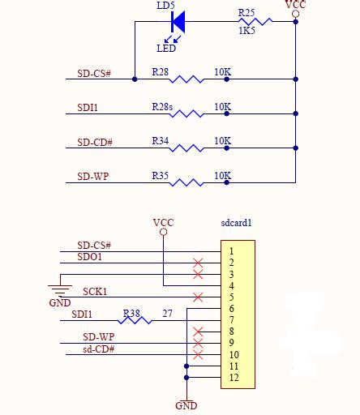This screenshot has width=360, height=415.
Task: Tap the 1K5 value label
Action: (247, 31)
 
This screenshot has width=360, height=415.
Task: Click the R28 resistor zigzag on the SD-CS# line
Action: (186, 79)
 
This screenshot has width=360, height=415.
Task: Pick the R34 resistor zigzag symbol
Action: (186, 148)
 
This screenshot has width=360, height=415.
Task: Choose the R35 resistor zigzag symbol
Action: (186, 182)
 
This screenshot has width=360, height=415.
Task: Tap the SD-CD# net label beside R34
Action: (95, 142)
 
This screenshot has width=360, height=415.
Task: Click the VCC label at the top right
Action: (296, 5)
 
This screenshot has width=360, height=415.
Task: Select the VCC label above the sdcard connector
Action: (163, 222)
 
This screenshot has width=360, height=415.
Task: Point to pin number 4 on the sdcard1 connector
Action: (231, 286)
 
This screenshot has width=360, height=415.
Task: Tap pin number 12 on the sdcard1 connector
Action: (234, 378)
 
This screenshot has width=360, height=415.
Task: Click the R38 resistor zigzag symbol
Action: (137, 320)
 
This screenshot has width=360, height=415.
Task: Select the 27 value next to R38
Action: (168, 313)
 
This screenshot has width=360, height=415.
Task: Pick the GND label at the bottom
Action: (186, 405)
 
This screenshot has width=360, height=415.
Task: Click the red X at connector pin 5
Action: (197, 297)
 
